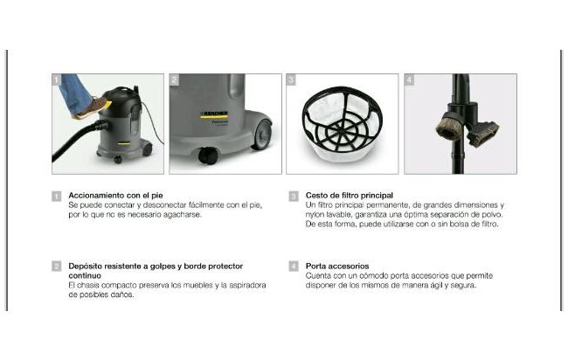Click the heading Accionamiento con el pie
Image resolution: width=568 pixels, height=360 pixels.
coord(115,196)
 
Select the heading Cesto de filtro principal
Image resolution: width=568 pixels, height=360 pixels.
coord(350,196)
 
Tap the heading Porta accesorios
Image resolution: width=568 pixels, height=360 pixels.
coord(337,267)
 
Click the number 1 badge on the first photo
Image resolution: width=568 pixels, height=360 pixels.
coord(57,80)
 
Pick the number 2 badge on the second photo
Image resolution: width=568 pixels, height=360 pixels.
coord(174,80)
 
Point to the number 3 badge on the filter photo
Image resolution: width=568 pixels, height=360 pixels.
coord(291,80)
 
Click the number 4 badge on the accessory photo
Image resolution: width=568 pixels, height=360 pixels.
coord(409,80)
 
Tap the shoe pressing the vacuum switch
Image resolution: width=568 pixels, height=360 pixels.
coord(91,108)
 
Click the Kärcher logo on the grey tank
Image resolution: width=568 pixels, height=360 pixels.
coord(214,115)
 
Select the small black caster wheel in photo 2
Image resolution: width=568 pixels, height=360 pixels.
coord(208,156)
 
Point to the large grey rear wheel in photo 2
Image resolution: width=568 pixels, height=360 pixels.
coord(262,135)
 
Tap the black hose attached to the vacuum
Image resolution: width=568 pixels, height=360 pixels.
coord(78,142)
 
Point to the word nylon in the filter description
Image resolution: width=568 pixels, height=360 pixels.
coord(315,215)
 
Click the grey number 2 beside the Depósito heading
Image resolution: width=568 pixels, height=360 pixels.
coord(57,267)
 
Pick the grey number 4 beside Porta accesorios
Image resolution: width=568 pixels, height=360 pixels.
coord(294,267)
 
